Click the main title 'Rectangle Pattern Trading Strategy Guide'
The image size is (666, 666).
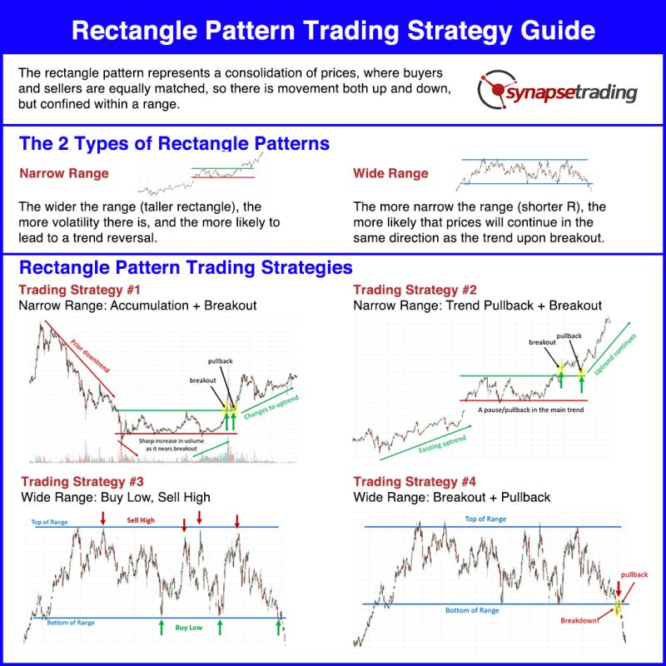click(333, 31)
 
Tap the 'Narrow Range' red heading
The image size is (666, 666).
click(64, 174)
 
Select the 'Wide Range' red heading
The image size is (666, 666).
click(390, 174)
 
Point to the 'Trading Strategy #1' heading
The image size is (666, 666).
click(80, 290)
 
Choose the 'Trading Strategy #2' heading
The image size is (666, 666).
click(415, 290)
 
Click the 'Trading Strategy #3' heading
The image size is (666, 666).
click(82, 481)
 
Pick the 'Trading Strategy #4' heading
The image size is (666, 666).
click(415, 481)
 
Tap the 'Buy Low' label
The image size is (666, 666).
click(189, 627)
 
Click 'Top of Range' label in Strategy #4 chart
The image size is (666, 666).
click(485, 519)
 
